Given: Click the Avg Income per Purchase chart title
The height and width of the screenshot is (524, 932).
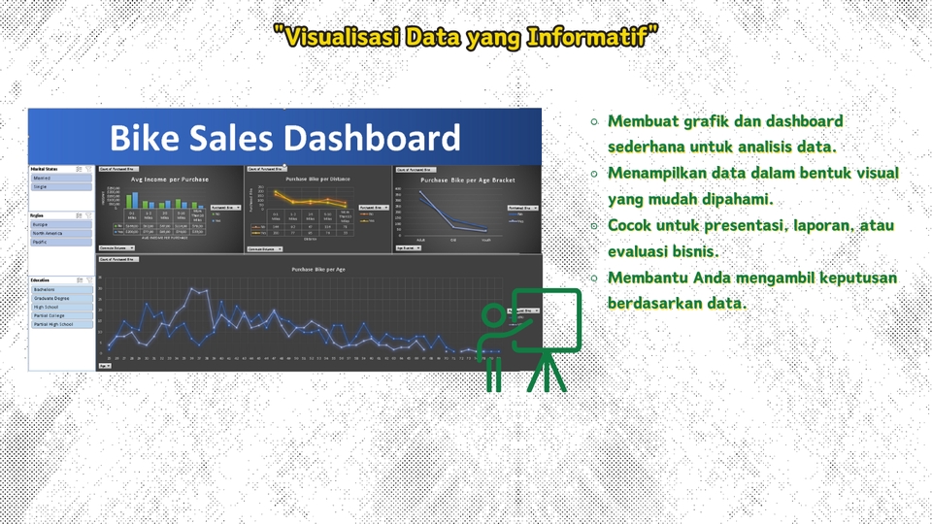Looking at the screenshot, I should tap(171, 180).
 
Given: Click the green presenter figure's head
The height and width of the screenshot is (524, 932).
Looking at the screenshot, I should tap(494, 315).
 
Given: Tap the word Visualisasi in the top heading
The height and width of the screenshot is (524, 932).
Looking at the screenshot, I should tap(338, 38).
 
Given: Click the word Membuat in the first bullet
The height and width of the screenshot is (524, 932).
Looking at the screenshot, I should tap(642, 121).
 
